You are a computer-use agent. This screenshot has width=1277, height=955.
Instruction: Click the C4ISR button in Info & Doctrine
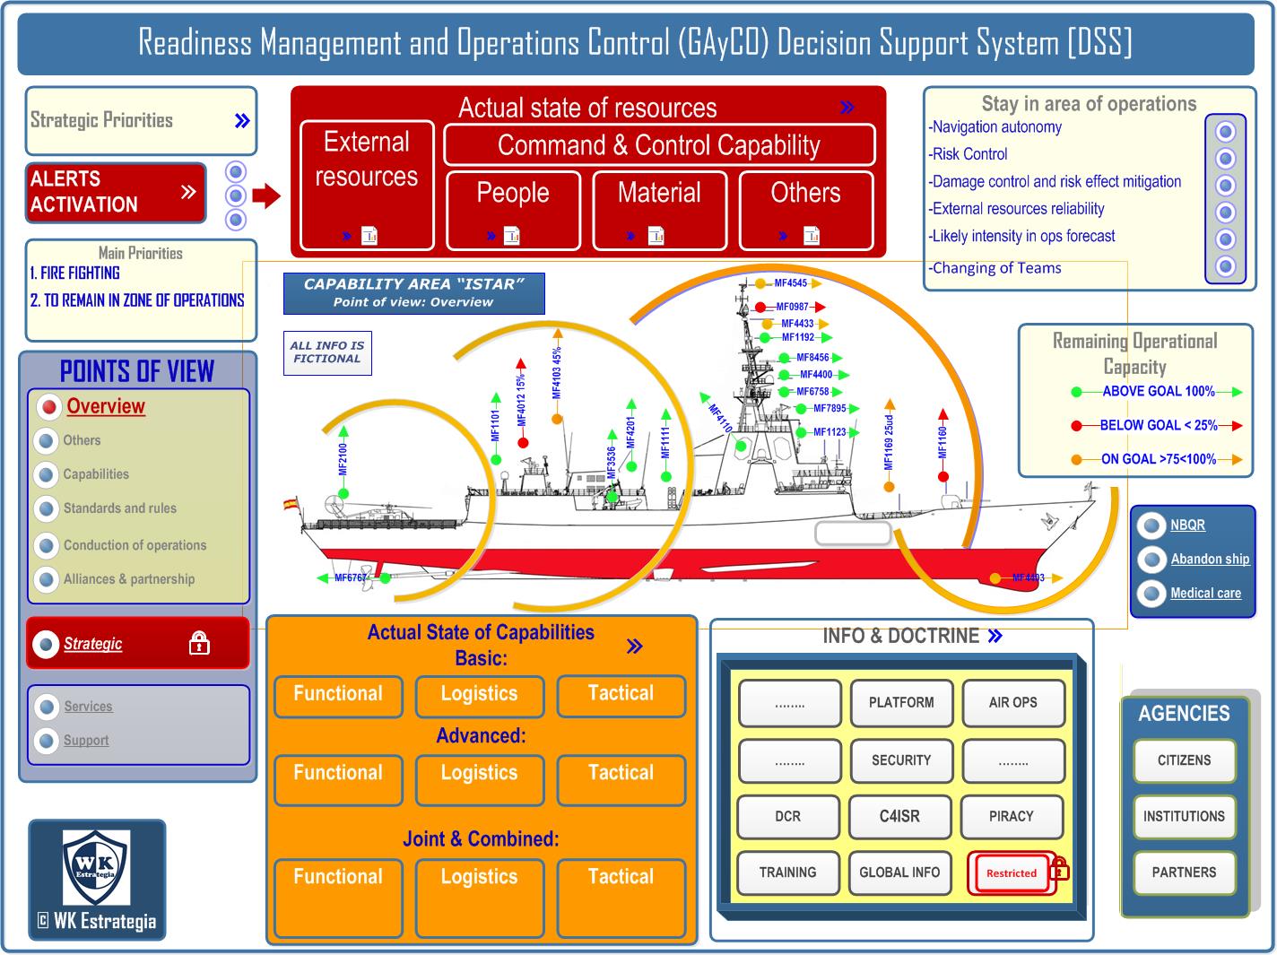899,816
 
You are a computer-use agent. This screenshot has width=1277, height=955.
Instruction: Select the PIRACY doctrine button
1012,816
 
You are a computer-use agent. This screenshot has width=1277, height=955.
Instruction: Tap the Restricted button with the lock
1012,873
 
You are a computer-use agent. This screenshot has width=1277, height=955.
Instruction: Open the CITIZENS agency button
1184,760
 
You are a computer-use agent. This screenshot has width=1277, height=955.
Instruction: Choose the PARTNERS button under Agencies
1184,873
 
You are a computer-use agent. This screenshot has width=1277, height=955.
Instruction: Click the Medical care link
1205,593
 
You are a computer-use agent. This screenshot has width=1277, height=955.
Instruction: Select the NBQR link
1187,525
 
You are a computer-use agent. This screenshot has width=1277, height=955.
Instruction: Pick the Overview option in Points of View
106,406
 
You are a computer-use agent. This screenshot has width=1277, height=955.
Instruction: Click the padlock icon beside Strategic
199,643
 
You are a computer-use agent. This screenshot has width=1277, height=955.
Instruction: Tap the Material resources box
659,209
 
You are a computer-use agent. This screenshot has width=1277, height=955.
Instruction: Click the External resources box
367,184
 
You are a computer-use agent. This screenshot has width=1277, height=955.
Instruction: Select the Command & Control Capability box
659,144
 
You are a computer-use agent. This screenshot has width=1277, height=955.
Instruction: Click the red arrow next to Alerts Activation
266,195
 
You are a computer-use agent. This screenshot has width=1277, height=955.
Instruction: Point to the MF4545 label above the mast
790,283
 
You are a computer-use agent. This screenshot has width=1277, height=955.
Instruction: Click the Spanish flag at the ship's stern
291,504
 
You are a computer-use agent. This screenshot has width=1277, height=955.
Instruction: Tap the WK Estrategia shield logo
96,866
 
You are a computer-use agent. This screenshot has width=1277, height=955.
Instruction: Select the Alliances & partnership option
128,579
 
